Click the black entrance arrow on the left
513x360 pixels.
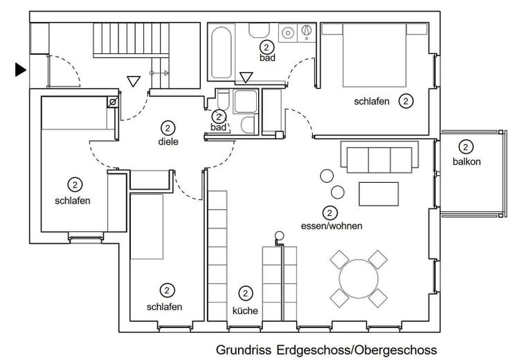tap(20, 70)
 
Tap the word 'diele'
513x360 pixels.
tap(168, 142)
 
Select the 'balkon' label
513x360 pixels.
tap(467, 161)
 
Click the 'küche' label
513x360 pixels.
tap(245, 310)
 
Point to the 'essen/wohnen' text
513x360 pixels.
tap(332, 226)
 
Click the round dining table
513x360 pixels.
tap(359, 279)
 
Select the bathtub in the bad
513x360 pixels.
tap(221, 52)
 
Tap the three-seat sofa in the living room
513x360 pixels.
tap(379, 157)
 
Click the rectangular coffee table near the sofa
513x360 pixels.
tap(379, 194)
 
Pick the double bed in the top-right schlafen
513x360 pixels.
tap(375, 55)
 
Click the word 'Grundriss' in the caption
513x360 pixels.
tap(244, 350)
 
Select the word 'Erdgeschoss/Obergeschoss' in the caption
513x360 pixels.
tap(357, 350)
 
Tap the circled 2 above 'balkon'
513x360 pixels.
tap(465, 147)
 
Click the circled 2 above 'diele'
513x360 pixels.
tap(168, 128)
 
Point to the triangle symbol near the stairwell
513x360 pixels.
tap(134, 81)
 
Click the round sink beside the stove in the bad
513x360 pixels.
tap(287, 33)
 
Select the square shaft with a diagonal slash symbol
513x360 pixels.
tap(112, 102)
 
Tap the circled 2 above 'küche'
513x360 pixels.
tap(245, 294)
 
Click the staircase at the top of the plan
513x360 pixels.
tap(131, 40)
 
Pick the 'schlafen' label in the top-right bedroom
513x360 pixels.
tap(372, 102)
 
